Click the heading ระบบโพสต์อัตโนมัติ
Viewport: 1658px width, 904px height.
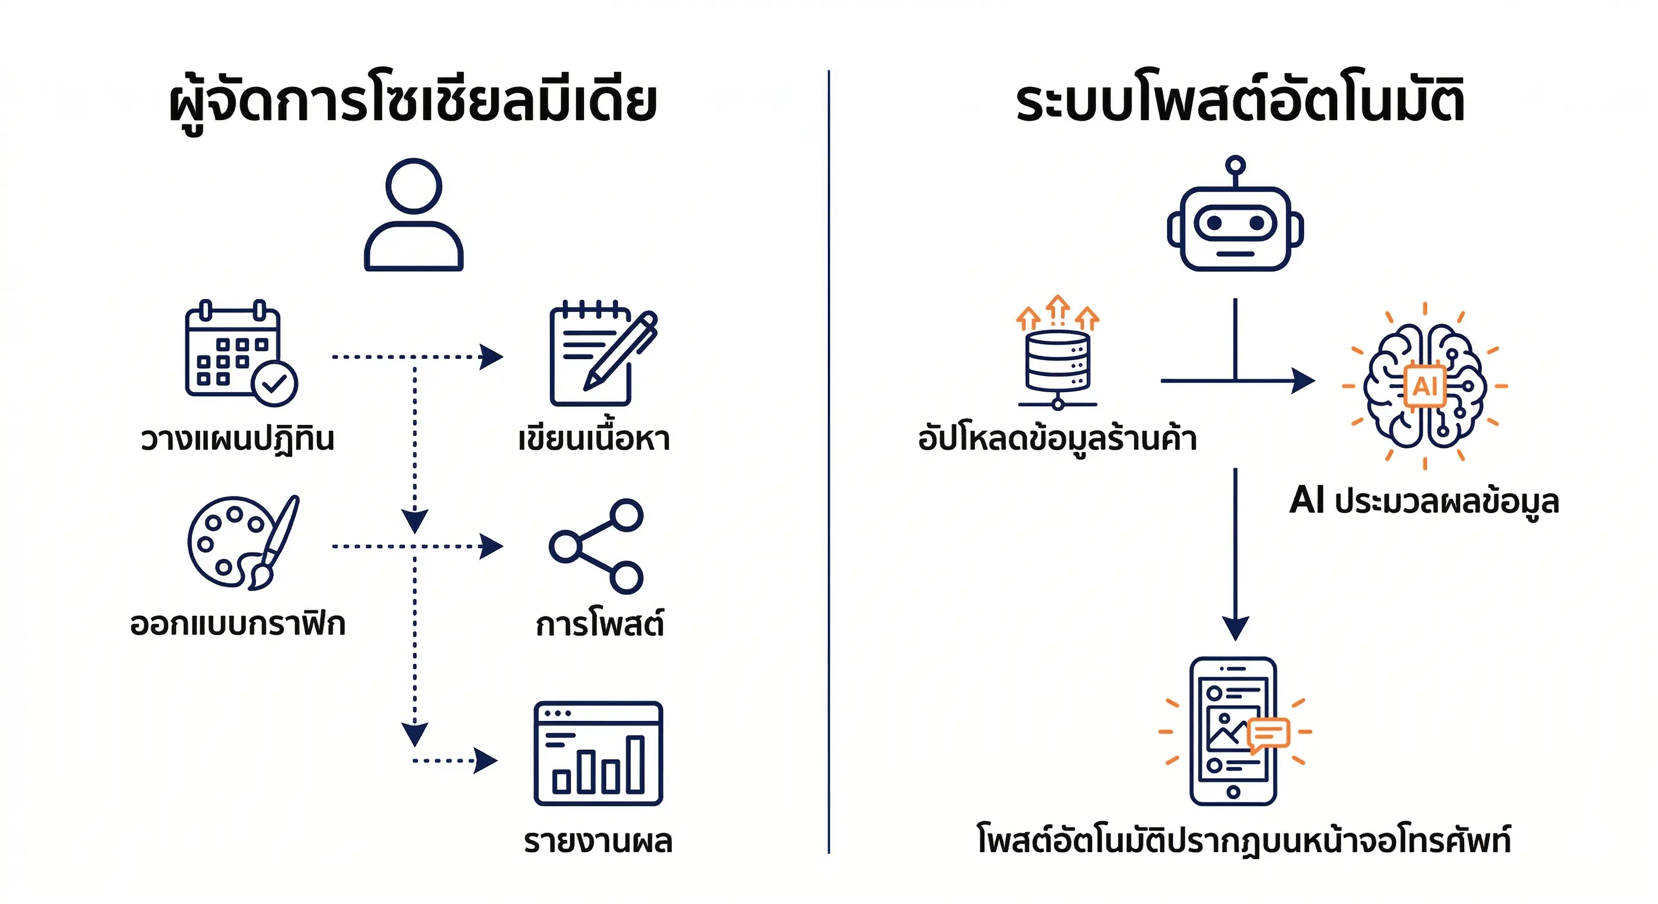1239,102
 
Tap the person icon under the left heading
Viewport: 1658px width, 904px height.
414,215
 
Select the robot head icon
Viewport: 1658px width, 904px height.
1235,228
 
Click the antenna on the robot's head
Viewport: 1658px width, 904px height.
1235,167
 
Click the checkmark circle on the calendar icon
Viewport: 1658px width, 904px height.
275,384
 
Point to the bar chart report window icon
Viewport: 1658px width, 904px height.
598,753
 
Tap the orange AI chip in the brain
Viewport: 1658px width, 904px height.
1425,387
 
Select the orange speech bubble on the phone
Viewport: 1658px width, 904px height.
1269,734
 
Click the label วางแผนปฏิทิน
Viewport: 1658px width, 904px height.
237,440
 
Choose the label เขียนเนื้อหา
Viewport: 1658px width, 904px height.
594,439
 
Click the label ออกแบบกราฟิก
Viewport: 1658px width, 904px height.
237,624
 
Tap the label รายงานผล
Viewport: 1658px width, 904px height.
598,841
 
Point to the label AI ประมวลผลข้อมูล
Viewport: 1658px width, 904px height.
1424,501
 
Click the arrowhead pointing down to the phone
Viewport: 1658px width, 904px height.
1235,627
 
